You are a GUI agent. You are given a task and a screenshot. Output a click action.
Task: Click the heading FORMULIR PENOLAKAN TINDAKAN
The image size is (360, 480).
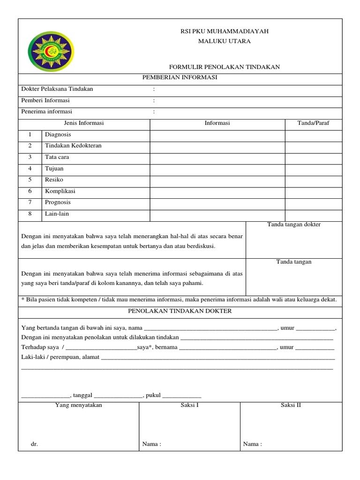coord(224,67)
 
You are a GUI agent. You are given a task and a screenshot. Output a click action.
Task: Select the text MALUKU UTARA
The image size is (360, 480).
coord(224,41)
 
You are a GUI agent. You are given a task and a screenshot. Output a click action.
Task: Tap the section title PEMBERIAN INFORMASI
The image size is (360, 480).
coord(180,78)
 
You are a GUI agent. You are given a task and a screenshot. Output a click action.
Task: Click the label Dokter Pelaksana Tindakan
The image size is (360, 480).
coord(57,89)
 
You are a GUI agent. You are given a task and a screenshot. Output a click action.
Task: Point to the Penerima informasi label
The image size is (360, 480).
coord(47,112)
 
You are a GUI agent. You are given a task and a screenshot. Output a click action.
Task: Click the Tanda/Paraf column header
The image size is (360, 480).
coord(313,123)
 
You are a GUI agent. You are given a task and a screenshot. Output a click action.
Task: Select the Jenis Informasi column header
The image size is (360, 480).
coord(83,123)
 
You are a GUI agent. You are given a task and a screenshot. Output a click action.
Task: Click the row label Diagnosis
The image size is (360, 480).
coord(58,135)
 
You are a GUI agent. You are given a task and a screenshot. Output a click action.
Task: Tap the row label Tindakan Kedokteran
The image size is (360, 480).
coord(73,146)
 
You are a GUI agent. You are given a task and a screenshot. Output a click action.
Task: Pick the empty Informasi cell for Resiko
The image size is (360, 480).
coord(217,180)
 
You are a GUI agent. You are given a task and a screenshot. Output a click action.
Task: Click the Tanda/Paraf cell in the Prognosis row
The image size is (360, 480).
coord(313,203)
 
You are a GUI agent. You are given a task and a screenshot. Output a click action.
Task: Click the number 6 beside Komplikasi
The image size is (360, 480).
coord(30,191)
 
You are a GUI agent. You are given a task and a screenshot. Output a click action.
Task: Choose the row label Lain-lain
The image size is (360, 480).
coord(57,214)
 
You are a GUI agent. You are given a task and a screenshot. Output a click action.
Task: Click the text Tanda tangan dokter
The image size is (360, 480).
coord(294,225)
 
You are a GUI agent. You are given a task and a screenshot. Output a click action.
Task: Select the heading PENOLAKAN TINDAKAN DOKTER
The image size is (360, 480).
coord(180,311)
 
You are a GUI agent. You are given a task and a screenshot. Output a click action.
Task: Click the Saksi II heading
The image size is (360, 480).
coord(291,405)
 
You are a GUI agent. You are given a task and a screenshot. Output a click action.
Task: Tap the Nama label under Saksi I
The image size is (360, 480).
coord(151,444)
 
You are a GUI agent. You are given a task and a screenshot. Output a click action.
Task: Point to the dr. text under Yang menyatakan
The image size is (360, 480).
coord(34,444)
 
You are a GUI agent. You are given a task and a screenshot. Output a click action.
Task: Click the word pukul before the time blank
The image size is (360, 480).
coord(153,396)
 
